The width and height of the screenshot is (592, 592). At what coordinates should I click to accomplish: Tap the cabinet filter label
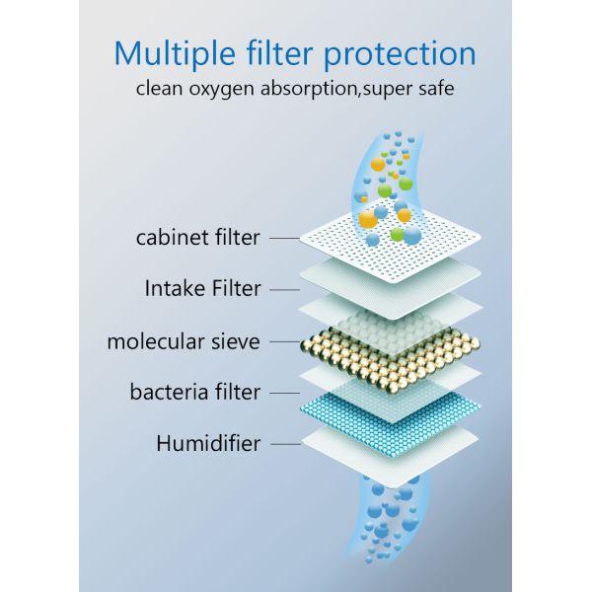point(198,238)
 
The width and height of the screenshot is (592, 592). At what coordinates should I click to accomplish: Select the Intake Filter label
point(202,289)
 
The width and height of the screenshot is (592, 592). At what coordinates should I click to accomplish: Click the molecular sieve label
point(184,341)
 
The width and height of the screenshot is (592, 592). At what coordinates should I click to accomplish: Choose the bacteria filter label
point(195,393)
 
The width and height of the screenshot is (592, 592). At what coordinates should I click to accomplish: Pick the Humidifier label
point(208,443)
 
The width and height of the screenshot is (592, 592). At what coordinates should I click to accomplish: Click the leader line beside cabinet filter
point(284,238)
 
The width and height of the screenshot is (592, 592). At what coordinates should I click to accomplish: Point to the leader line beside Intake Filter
point(284,289)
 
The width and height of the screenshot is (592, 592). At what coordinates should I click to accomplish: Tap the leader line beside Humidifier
point(284,444)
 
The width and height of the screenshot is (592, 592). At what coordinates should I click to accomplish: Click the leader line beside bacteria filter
point(284,393)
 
